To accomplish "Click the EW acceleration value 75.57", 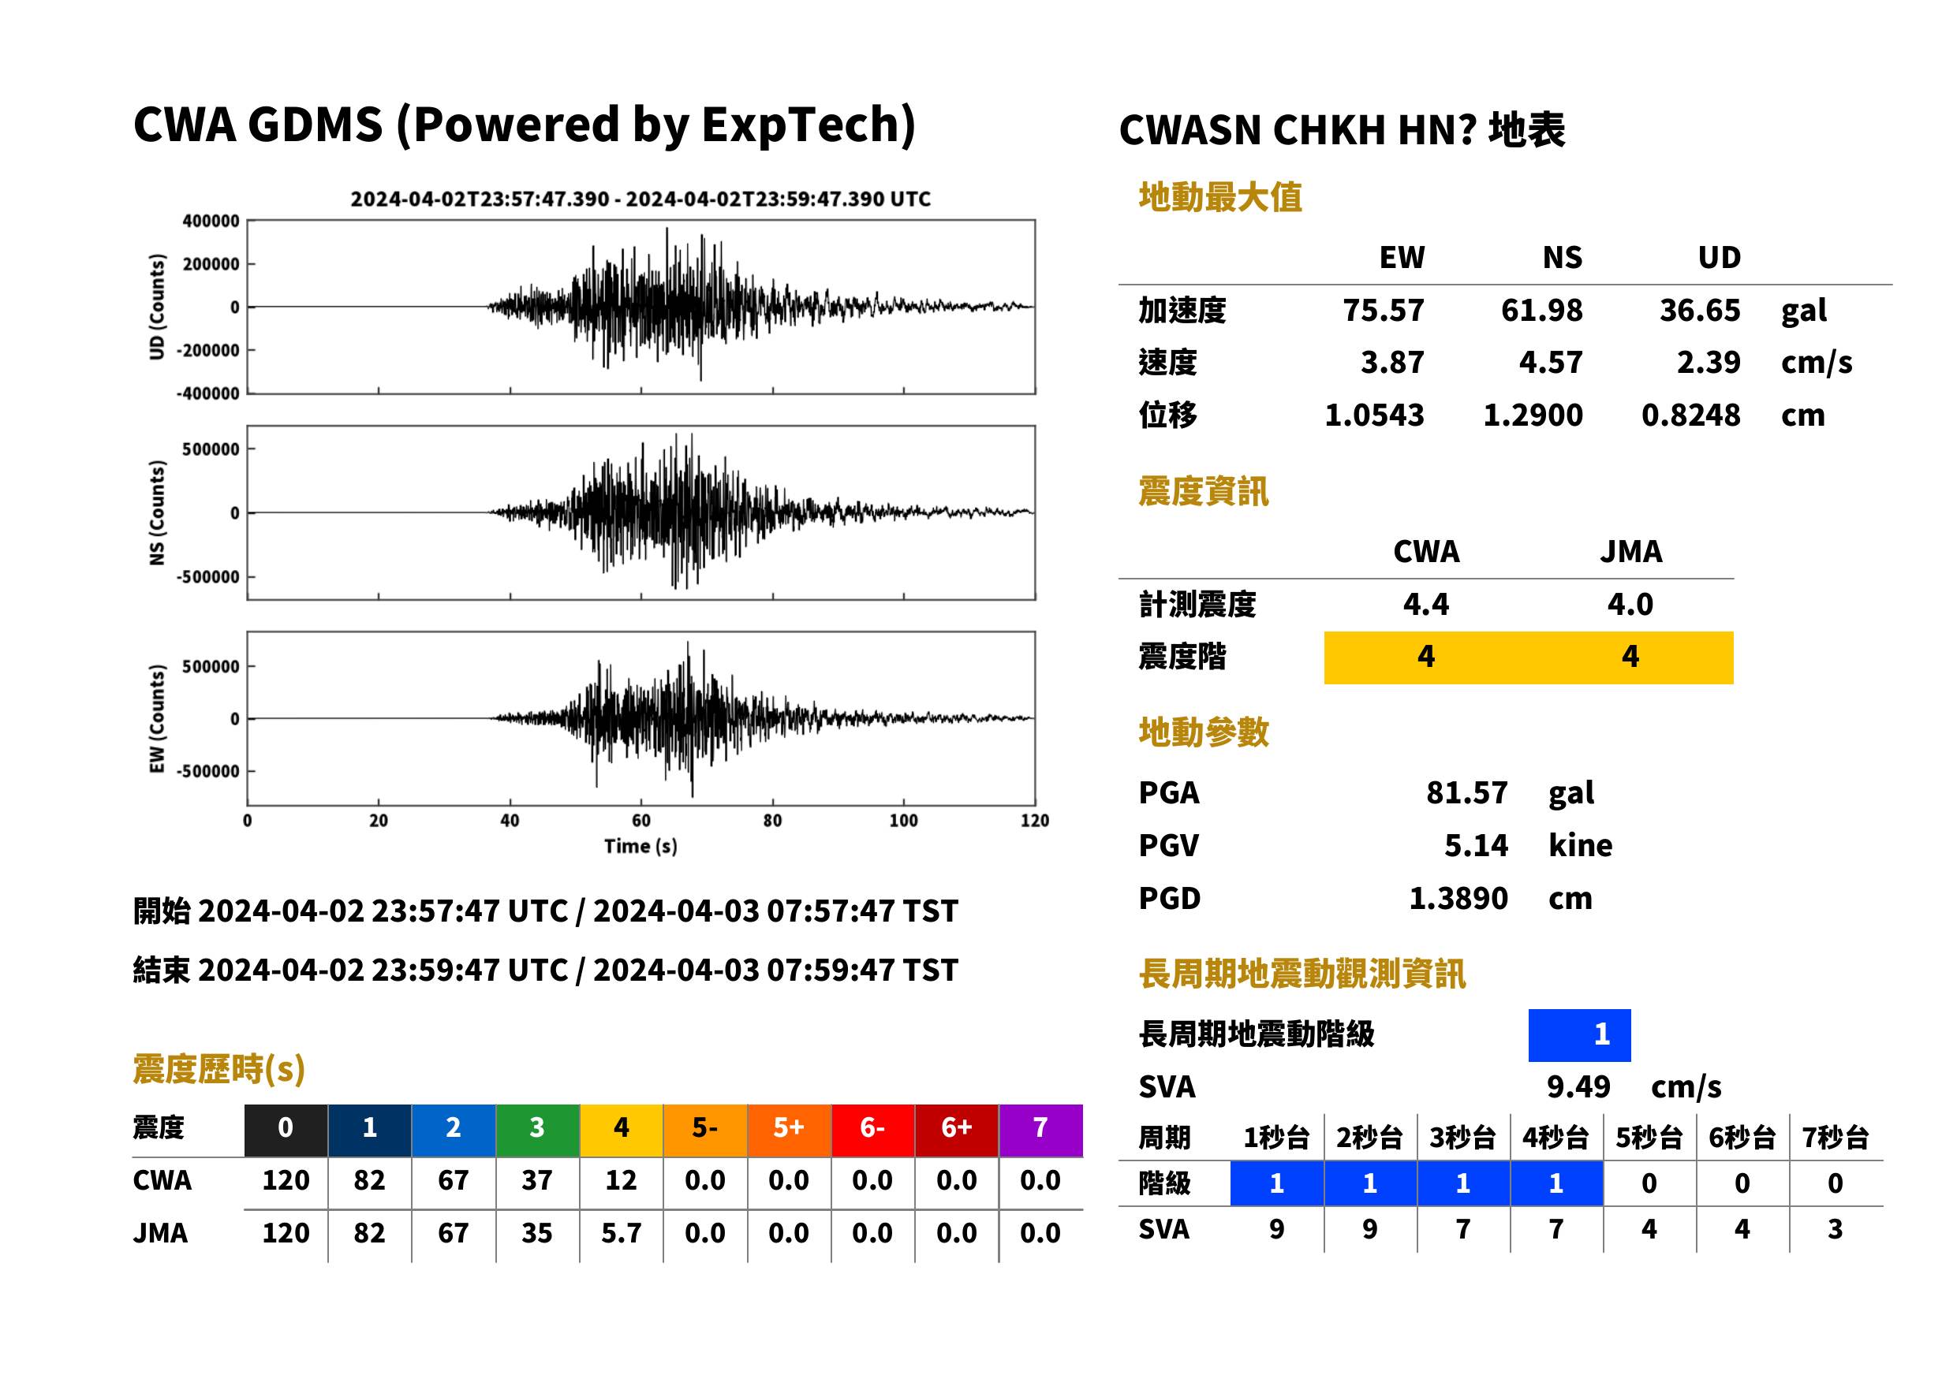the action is (1383, 311).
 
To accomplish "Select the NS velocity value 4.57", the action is (1550, 363).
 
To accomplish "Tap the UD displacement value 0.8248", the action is (1690, 415).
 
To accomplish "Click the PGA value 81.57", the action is (1466, 792).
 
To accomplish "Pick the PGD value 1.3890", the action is (1458, 899).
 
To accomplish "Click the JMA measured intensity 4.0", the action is (1630, 605).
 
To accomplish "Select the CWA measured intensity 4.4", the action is (1426, 605).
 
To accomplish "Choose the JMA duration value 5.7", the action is (621, 1234).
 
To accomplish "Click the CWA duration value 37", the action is (537, 1181).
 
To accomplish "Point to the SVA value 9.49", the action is (1578, 1087).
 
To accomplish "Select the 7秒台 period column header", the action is (1835, 1138).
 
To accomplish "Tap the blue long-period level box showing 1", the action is (1579, 1035).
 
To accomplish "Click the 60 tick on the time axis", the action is (641, 821).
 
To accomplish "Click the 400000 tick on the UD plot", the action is (211, 221).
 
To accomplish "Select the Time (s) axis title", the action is (641, 847).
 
